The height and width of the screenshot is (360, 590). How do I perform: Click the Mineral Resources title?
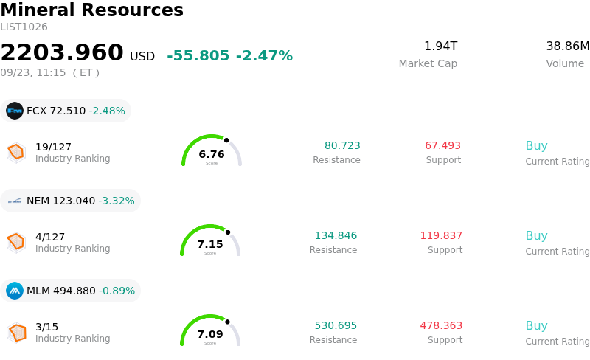point(91,10)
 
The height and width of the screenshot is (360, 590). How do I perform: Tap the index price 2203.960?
point(62,52)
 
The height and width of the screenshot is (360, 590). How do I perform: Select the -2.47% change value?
point(264,56)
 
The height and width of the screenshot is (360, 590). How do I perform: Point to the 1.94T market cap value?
point(440,46)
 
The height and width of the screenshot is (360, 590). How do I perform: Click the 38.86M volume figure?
point(568,46)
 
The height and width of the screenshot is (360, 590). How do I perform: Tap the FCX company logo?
point(15,111)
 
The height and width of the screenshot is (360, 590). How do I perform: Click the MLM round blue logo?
point(15,291)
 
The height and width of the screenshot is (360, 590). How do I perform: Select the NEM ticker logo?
point(15,201)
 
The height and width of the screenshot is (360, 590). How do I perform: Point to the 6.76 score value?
point(212,154)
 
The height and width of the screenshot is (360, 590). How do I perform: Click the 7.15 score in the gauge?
point(210,244)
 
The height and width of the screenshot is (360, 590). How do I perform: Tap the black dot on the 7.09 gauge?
point(227,322)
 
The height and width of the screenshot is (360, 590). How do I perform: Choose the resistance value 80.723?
point(342,145)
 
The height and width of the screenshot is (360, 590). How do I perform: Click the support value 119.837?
point(441,235)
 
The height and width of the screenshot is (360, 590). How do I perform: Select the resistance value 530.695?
point(336,325)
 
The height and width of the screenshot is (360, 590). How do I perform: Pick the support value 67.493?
point(443,145)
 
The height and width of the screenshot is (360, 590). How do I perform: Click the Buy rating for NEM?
point(536,236)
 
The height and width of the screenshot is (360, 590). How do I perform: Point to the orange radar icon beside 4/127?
point(16,242)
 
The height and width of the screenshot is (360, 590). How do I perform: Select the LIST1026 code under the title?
point(24,27)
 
